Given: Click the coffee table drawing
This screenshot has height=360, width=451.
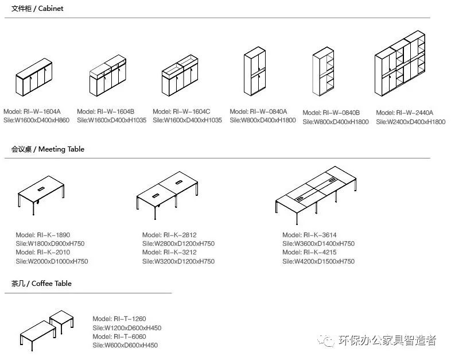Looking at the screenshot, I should click(47, 329).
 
